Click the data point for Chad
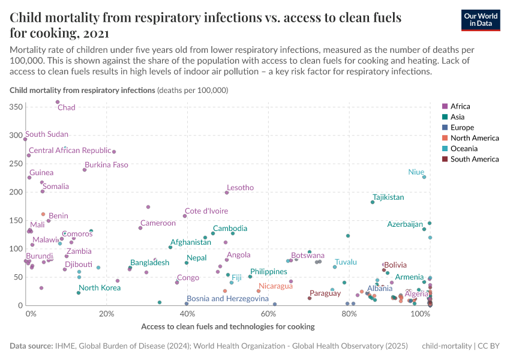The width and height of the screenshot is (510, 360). point(58,102)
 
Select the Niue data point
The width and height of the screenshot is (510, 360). point(424,177)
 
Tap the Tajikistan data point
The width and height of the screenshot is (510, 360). point(373,202)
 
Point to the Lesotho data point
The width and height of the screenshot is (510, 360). point(227,193)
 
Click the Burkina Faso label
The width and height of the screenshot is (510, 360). point(106,164)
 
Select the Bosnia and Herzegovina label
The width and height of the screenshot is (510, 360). point(227,298)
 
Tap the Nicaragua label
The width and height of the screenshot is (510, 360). point(275,286)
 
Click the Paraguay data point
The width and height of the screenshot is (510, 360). point(310,298)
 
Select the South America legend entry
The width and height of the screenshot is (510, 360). point(474,159)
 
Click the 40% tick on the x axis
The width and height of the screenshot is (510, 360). point(187,314)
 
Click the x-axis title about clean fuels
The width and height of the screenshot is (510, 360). point(227,326)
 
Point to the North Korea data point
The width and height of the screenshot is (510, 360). point(79,293)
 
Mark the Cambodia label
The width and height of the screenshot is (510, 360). point(230,229)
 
